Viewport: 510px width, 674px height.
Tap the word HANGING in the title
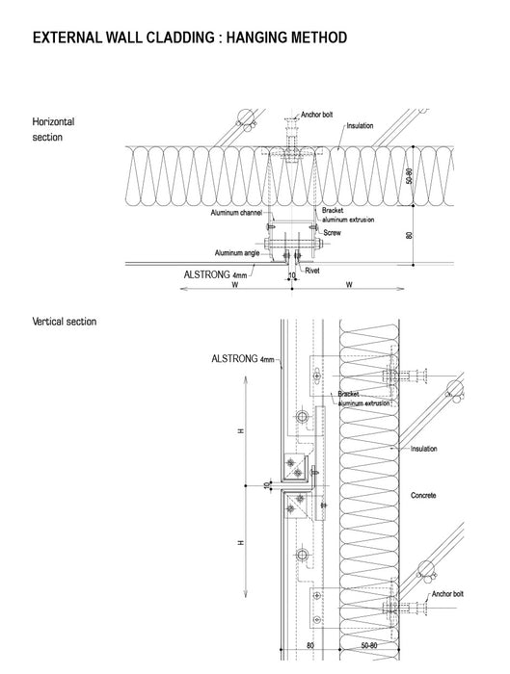tap(257, 38)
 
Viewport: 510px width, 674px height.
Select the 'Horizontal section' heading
tap(53, 129)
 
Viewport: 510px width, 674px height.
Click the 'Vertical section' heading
tap(65, 322)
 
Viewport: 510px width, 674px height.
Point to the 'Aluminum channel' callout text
tap(236, 213)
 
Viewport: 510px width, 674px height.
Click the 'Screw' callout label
tap(332, 233)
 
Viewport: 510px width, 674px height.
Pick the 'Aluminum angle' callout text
tap(237, 252)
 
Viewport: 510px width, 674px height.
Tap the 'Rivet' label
tap(312, 271)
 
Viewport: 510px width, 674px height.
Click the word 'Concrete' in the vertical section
tap(423, 495)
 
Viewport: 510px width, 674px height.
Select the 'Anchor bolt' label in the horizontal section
tap(317, 115)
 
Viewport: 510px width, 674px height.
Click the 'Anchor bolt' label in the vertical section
tap(447, 594)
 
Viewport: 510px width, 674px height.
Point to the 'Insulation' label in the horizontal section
tap(360, 125)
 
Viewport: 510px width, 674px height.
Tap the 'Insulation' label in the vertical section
tap(423, 449)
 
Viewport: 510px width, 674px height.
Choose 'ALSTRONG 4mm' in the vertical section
tap(243, 358)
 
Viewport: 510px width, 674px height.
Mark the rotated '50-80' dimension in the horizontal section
tap(409, 176)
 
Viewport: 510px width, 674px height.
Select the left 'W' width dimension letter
tap(235, 285)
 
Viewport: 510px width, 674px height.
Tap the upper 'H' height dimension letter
tap(241, 430)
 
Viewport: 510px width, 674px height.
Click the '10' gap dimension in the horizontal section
tap(292, 275)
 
